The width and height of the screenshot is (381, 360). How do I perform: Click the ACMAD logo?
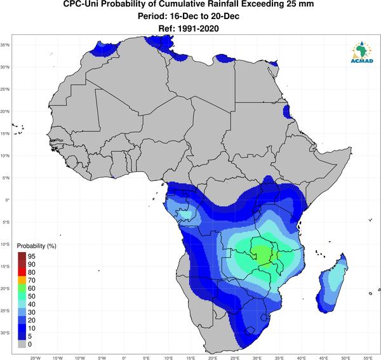point(362,52)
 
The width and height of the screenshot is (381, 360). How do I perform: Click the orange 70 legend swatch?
point(22,281)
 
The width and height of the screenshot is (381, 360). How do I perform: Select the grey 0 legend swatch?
point(22,344)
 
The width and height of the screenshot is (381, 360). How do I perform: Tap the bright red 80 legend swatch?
point(22,272)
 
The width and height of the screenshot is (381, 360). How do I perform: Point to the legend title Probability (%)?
point(36,246)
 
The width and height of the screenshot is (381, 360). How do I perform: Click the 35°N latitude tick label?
point(5,45)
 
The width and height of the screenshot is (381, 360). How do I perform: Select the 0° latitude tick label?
point(8,200)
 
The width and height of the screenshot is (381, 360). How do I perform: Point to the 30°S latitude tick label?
point(5,333)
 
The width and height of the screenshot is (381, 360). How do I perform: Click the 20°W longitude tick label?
point(36,358)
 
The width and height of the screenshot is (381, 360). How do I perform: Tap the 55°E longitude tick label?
point(368,358)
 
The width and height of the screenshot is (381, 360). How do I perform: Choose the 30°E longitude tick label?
point(257,358)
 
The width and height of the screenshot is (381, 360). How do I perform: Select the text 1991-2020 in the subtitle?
point(198,29)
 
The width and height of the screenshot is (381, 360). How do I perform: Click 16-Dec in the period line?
point(182,17)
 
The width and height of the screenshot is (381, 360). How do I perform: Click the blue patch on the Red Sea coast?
point(287,112)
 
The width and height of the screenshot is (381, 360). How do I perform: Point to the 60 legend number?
point(32,288)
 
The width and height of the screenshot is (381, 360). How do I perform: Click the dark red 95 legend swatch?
point(22,257)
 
